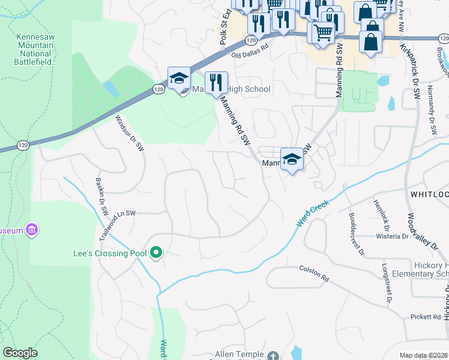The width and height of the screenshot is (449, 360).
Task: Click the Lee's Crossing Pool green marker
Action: pos(156,253)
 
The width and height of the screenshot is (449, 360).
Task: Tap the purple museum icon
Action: pos(32,230)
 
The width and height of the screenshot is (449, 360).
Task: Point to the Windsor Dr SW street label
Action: pos(130,132)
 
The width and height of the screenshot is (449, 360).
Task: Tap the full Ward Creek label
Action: pos(313,213)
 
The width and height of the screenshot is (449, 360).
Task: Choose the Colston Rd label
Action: pos(315,278)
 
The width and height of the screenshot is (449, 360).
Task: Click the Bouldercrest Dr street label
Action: pos(356,233)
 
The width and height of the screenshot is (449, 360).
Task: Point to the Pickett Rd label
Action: pos(426,316)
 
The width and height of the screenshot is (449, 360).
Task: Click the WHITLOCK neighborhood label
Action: pos(429,194)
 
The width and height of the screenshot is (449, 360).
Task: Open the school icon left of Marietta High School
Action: pos(178,78)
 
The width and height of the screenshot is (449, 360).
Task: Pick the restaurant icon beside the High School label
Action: pos(217,82)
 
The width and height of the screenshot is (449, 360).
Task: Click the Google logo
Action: pos(20,353)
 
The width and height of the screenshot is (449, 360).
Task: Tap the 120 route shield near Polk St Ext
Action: pos(249,39)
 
